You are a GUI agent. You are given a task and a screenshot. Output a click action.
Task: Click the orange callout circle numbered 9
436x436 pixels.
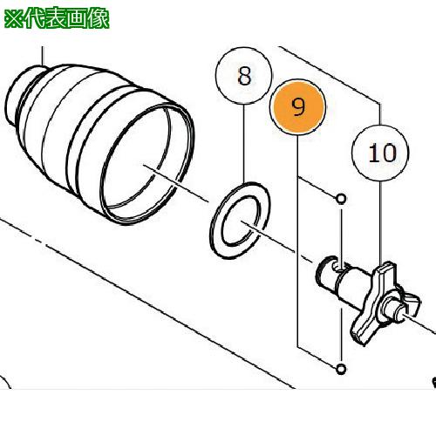click(298, 108)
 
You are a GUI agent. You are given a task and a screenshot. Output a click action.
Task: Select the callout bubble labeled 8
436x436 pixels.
click(243, 77)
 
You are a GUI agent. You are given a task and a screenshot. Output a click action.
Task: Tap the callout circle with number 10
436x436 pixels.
click(381, 153)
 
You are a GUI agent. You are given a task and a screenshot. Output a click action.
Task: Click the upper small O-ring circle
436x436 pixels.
click(341, 199)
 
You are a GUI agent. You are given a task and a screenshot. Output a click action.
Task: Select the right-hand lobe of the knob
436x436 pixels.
click(415, 302)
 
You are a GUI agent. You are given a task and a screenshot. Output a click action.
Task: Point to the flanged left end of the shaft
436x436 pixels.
click(324, 275)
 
